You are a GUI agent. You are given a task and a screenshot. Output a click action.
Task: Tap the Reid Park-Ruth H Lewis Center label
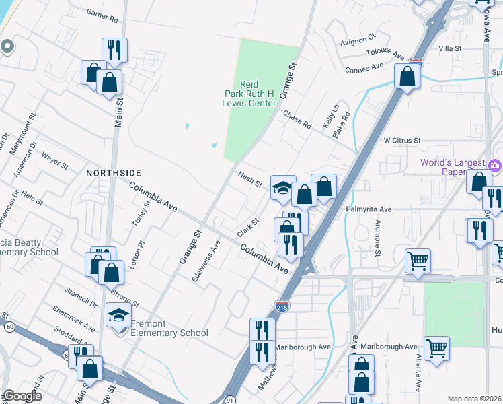pyautogui.click(x=249, y=94)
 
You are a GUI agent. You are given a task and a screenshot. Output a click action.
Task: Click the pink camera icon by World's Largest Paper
pyautogui.click(x=496, y=165)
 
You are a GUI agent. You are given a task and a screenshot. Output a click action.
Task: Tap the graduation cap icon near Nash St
pyautogui.click(x=283, y=188)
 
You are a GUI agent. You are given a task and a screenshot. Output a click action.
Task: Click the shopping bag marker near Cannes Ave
pyautogui.click(x=407, y=76)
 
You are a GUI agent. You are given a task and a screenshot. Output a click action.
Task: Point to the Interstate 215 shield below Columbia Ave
pyautogui.click(x=282, y=306)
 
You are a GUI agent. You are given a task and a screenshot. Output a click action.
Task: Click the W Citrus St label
pyautogui.click(x=401, y=141)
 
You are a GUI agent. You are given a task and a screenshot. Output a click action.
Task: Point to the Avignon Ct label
pyautogui.click(x=358, y=40)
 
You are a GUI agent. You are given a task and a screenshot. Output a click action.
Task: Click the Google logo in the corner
pyautogui.click(x=22, y=395)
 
